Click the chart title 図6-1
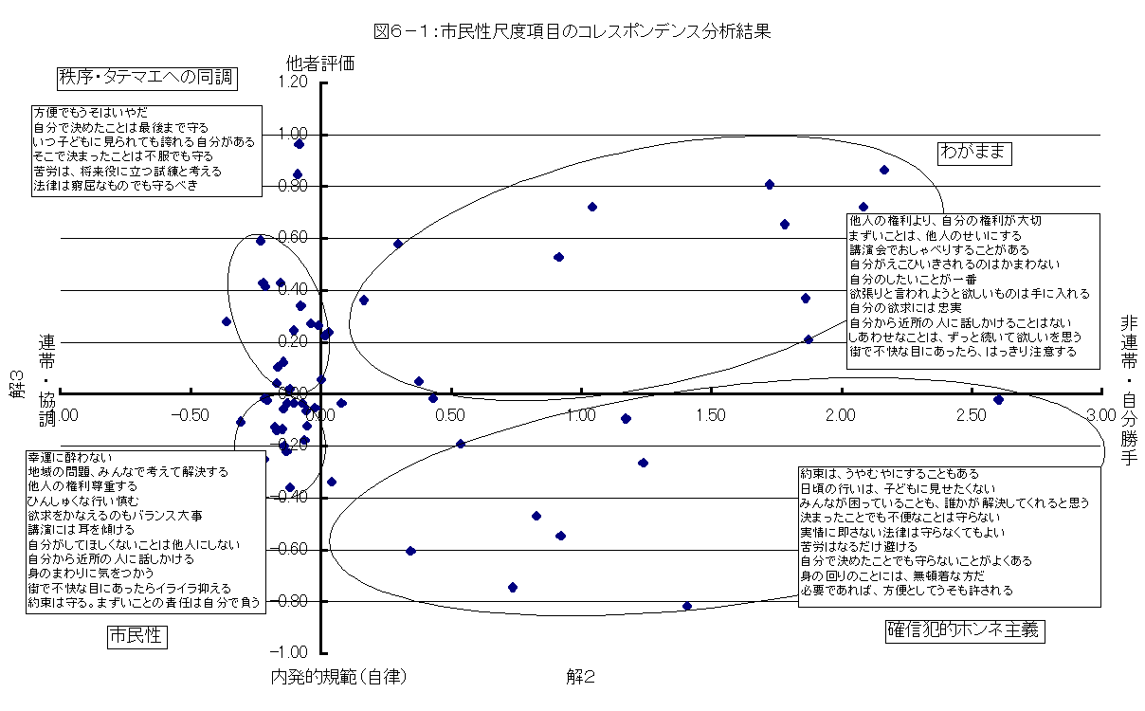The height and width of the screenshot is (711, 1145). (x=572, y=31)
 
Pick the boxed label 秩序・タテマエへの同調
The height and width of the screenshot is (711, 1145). (x=145, y=77)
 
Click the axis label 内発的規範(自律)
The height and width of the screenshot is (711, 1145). (x=337, y=677)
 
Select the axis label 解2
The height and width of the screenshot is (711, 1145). (x=580, y=677)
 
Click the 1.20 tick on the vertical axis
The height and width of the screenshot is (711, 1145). (x=293, y=82)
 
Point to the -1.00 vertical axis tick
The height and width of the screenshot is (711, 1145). (x=290, y=652)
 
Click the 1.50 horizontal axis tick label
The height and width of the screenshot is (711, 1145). (x=710, y=415)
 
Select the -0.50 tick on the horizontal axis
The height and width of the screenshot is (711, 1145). (x=188, y=415)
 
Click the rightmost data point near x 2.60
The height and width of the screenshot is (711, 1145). (x=998, y=400)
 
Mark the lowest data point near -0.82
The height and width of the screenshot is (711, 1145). (x=687, y=606)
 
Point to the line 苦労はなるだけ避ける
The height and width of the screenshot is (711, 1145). (x=859, y=546)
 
